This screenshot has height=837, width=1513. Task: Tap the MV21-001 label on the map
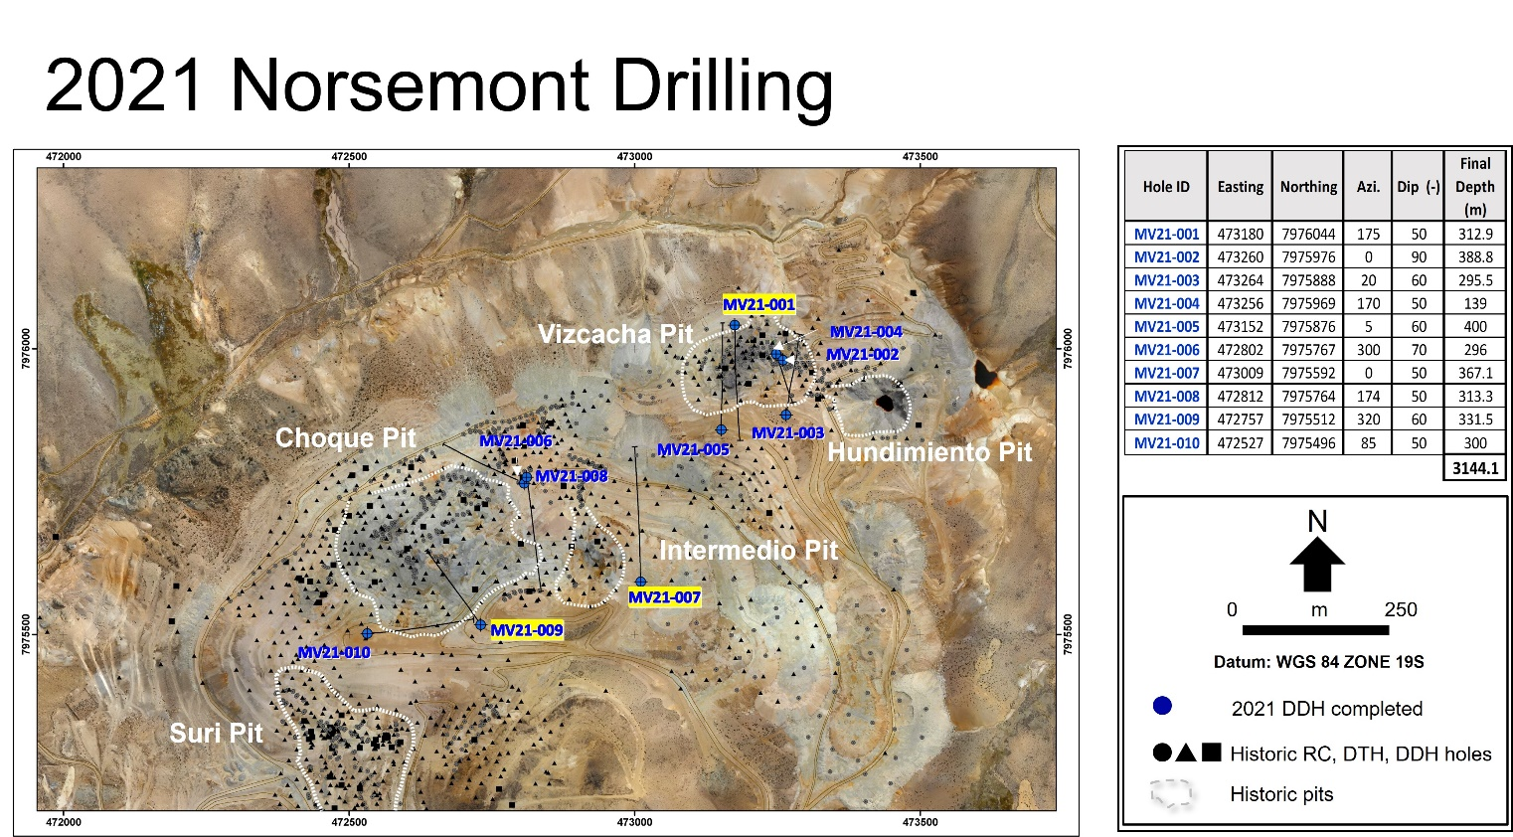[758, 304]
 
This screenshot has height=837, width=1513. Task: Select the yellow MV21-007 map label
[665, 597]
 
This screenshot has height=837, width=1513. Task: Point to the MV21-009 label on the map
[527, 630]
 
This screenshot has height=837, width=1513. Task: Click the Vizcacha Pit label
[615, 334]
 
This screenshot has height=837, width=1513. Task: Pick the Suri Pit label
[216, 733]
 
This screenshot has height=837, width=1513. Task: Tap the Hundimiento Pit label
[929, 452]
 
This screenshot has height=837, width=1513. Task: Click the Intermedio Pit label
[749, 551]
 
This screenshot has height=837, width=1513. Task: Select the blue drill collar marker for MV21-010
[367, 633]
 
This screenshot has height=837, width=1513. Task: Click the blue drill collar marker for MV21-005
[722, 429]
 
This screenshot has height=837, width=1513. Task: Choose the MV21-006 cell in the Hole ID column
[1166, 350]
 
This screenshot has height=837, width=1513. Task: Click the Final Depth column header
[1475, 187]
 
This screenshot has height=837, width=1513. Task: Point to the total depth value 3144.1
[1475, 468]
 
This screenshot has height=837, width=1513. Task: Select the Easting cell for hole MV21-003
[1240, 280]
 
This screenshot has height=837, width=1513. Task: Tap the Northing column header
[1308, 187]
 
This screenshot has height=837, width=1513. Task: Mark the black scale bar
[1316, 630]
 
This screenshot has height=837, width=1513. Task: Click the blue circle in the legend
[1162, 706]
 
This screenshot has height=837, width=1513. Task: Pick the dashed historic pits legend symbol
[1171, 794]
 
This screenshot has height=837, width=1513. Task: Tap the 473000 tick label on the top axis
[635, 157]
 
